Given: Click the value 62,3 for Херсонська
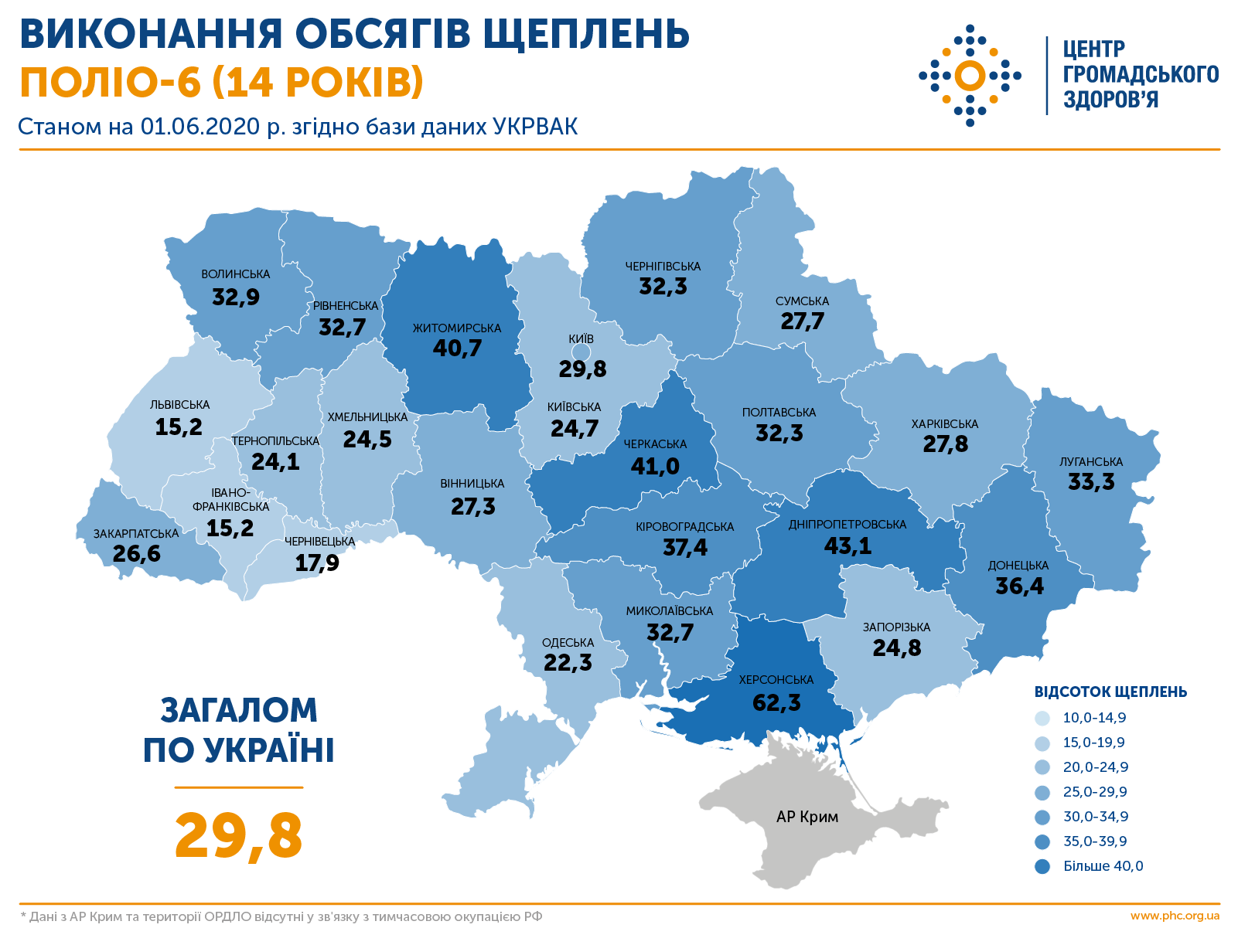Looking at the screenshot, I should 776,702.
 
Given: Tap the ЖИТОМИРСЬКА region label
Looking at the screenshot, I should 456,328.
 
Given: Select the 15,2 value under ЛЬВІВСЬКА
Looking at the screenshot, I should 179,427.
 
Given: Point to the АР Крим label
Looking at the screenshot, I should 807,817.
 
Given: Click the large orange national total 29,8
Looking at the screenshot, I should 238,836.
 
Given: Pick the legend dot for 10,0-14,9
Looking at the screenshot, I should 1042,719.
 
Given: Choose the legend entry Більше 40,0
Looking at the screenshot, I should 1103,866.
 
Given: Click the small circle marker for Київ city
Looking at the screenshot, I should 581,353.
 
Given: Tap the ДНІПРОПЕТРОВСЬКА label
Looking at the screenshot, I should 847,525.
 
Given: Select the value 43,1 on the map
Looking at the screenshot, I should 848,546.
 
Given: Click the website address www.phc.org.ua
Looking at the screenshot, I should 1175,916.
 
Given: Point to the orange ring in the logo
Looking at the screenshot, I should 970,76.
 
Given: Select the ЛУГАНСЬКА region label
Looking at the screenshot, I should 1091,462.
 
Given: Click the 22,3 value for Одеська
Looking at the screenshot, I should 568,663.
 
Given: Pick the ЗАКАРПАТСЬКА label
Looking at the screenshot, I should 136,534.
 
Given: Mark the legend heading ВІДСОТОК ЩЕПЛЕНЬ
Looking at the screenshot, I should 1110,692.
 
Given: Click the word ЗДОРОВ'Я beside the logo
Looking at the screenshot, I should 1110,100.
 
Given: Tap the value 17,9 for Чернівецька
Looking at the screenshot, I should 317,563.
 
